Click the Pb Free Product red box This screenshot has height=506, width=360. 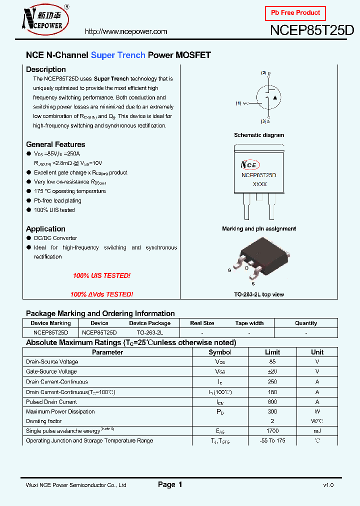pos(295,13)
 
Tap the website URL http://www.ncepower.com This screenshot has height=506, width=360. pos(126,31)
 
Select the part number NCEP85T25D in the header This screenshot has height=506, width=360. pos(312,30)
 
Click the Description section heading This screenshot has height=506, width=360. pos(46,69)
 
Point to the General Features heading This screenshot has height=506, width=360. pos(55,144)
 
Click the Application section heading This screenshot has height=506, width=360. pos(45,229)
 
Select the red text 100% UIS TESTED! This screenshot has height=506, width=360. pos(101,276)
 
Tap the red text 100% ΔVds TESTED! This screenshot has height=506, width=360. pos(101,294)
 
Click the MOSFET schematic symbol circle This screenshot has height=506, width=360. pos(269,97)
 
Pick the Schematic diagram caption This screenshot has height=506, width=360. pos(259,135)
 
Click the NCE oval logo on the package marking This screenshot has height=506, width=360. pos(250,165)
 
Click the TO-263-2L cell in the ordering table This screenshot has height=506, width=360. pos(149,332)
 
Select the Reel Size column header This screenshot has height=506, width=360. pos(202,323)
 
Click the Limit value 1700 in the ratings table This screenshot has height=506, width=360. pos(272,431)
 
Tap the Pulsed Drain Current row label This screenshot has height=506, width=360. pos(51,402)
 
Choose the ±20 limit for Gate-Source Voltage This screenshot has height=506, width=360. pos(272,371)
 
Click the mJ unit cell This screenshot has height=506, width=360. pos(317,431)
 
